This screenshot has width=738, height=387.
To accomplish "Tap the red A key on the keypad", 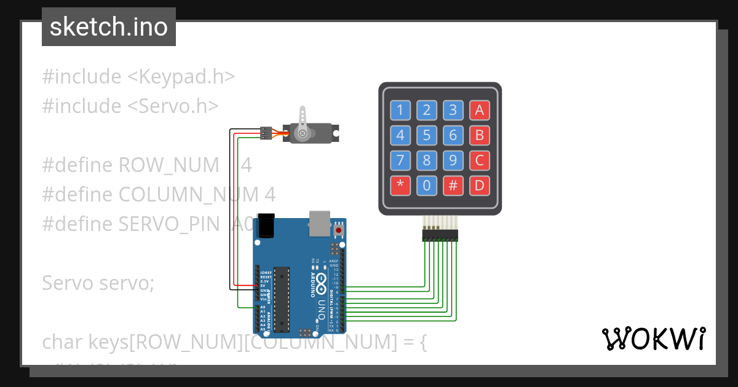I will click(479, 111).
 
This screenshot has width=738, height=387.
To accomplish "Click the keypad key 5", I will click(427, 135).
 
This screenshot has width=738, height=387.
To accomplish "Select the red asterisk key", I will click(400, 185).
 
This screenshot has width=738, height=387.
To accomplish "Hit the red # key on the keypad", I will click(453, 185).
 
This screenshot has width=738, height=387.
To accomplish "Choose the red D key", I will click(479, 185).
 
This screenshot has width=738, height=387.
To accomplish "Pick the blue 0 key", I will click(427, 185).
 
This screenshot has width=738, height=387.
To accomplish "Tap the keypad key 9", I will click(453, 160).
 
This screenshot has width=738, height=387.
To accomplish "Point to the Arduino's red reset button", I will click(338, 230).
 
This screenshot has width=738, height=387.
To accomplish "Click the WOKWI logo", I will click(654, 338).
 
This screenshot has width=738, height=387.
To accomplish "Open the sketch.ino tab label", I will click(109, 27).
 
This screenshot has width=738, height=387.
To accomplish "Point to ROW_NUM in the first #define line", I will click(169, 165).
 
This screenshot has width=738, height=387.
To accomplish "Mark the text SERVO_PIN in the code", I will click(169, 224).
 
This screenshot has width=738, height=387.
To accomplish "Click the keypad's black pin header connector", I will click(440, 235).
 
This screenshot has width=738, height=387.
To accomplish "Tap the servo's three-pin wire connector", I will click(266, 132).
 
